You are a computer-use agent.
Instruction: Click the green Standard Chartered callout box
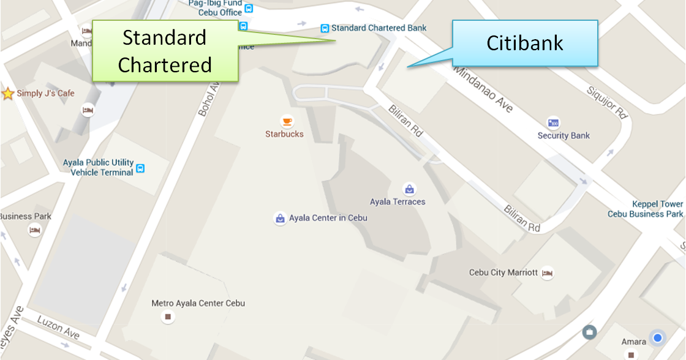tap(165, 51)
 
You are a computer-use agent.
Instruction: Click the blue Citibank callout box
tap(524, 43)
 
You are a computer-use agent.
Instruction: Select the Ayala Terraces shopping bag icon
tap(409, 189)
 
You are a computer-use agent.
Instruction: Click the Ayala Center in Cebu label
tap(328, 218)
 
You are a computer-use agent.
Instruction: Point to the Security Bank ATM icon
tap(554, 123)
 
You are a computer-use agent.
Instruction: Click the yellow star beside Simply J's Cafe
tap(8, 94)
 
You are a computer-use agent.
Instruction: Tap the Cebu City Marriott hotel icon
tap(547, 273)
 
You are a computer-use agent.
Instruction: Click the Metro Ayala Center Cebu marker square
tap(168, 317)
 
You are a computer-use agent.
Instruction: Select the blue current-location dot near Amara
tap(658, 338)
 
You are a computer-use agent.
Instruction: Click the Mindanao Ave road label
tap(484, 90)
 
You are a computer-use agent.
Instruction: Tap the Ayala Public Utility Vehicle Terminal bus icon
tap(140, 168)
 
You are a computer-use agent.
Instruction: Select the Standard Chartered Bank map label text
tap(379, 28)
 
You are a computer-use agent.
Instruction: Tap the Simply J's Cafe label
tap(45, 94)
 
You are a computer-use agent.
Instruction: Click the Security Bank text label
tap(563, 136)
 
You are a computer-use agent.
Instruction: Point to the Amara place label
tap(633, 342)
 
